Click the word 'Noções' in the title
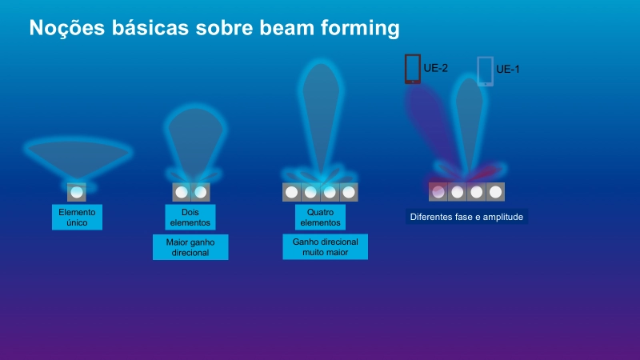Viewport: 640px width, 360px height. pyautogui.click(x=67, y=28)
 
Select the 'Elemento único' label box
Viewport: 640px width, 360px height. pyautogui.click(x=77, y=217)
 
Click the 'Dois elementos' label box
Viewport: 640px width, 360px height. pyautogui.click(x=190, y=217)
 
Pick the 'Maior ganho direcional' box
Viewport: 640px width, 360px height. pyautogui.click(x=190, y=247)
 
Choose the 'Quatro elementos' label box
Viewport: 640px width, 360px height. pyautogui.click(x=321, y=217)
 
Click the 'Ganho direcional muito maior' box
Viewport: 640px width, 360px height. pyautogui.click(x=326, y=246)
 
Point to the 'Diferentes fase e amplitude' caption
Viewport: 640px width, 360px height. pyautogui.click(x=466, y=217)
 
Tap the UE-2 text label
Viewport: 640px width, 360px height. pyautogui.click(x=436, y=68)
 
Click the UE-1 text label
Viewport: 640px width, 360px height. pyautogui.click(x=508, y=70)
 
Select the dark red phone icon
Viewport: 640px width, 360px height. pyautogui.click(x=413, y=69)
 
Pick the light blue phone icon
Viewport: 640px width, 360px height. pyautogui.click(x=486, y=71)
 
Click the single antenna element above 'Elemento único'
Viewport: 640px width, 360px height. pyautogui.click(x=77, y=192)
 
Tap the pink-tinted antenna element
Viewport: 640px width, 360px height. pyautogui.click(x=438, y=192)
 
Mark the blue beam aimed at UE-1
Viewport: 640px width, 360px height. pyautogui.click(x=470, y=122)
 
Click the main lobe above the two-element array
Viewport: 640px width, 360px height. pyautogui.click(x=195, y=138)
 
